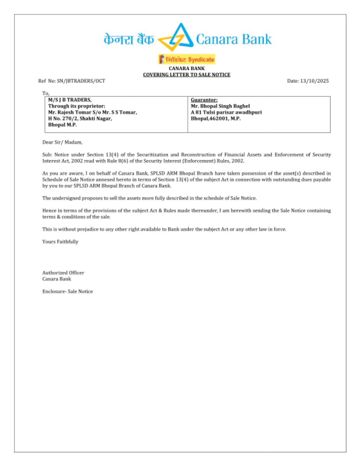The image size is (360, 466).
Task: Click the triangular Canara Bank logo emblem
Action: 176,37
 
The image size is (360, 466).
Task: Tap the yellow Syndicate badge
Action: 186,59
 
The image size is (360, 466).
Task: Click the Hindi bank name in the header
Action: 129,39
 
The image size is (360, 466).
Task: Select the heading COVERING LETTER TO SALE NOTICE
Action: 186,75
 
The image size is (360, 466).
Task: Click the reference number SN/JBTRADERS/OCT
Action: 81,81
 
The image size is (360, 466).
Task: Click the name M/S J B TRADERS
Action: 70,100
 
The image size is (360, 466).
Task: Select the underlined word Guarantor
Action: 204,100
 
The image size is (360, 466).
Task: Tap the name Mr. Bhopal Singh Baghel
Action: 220,106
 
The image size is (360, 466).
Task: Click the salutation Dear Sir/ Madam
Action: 62,142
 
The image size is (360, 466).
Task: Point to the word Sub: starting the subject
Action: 47,155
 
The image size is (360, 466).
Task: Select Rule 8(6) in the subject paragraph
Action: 115,161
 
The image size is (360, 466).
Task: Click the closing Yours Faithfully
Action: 60,242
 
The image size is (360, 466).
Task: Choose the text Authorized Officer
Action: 63,273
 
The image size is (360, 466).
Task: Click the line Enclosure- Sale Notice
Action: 67,292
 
